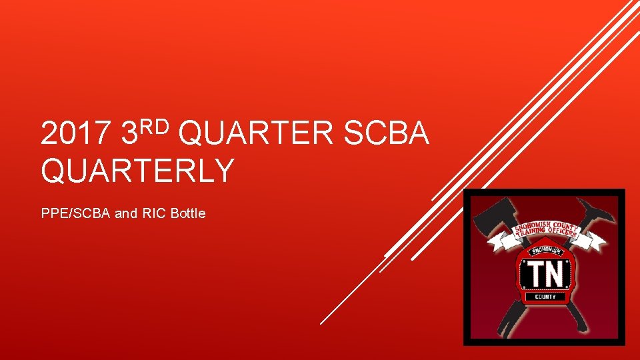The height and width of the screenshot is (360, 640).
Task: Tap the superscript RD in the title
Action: pyautogui.click(x=157, y=123)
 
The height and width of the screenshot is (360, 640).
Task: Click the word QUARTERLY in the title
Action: pyautogui.click(x=137, y=170)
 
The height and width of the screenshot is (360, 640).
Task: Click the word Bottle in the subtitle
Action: pyautogui.click(x=188, y=214)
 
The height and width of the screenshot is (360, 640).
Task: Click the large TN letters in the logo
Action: pyautogui.click(x=545, y=272)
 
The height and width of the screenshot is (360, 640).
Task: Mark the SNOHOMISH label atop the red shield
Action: pyautogui.click(x=545, y=251)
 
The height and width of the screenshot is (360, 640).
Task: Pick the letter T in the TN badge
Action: pyautogui.click(x=535, y=272)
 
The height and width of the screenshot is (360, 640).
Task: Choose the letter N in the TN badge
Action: pyautogui.click(x=556, y=272)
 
